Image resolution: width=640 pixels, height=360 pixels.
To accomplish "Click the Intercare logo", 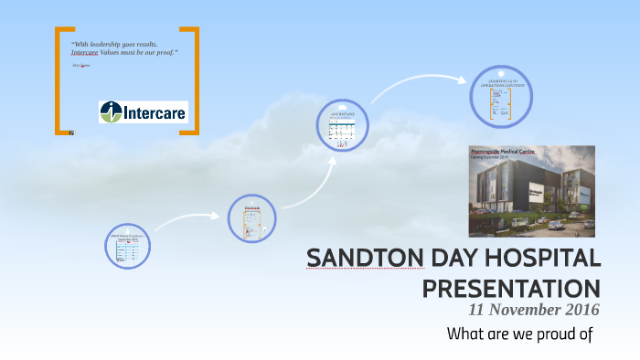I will [143, 112].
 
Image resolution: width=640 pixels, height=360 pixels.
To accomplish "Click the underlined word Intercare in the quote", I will [86, 52].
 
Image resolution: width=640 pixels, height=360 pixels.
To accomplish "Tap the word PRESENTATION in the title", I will [510, 288].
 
